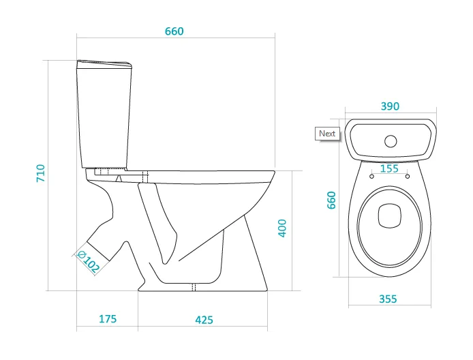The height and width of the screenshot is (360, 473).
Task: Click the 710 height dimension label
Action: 40,173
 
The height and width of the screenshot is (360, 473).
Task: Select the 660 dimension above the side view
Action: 174,31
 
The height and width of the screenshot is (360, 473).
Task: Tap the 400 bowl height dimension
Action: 281,228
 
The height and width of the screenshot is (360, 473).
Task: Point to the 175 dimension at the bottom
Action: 108,318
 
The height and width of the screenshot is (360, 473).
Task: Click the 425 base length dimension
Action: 204,320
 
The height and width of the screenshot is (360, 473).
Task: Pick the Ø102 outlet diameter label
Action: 89,262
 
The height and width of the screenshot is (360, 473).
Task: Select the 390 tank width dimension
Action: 390,106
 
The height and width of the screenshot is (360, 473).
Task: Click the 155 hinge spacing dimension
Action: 389,168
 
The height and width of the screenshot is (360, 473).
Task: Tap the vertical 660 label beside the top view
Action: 331,200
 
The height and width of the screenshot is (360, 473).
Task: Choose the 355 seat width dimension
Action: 388,299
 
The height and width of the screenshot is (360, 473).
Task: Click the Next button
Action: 327,134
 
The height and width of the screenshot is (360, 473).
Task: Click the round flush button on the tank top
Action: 391,141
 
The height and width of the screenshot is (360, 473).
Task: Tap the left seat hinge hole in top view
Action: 371,176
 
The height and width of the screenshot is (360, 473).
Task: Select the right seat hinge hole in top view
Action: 408,176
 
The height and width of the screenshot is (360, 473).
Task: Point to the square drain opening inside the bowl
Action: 389,215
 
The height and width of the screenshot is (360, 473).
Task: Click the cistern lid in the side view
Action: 104,64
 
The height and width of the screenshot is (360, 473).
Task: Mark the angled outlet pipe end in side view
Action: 98,251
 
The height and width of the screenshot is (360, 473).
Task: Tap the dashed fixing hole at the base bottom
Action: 194,287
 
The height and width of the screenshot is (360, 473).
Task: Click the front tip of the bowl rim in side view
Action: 274,172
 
